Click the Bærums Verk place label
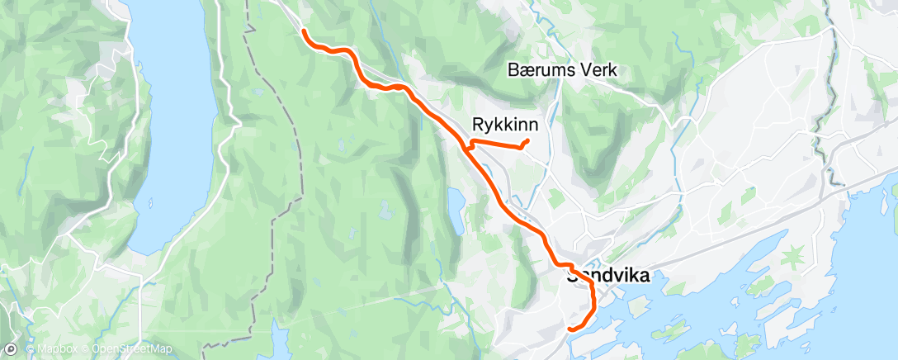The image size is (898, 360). coord(563,72)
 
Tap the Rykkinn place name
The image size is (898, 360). coord(506,125)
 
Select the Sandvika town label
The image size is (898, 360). coord(608,277)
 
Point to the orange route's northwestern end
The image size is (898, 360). coord(305,31)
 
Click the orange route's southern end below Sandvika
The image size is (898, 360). coord(570,329)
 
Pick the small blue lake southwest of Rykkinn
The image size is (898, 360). coord(455,211)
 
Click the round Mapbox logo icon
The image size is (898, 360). coord(12,350)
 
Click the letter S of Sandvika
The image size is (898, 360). coord(572,277)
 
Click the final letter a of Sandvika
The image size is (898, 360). coord(643,277)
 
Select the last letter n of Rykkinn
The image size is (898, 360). coord(534,125)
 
